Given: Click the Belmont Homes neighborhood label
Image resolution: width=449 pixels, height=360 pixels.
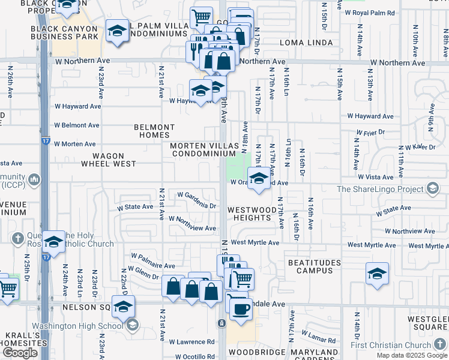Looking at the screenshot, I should coord(154,131).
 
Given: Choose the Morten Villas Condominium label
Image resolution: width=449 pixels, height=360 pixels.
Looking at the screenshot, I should coord(203,149).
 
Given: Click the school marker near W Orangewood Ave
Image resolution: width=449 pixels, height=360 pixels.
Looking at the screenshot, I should coord(259,178).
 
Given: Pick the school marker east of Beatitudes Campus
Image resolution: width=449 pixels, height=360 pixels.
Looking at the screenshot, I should coord(376,274).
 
